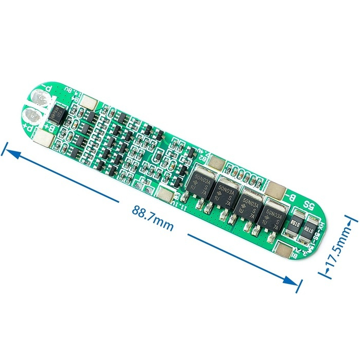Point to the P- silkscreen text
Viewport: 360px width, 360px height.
(x=48, y=91)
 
